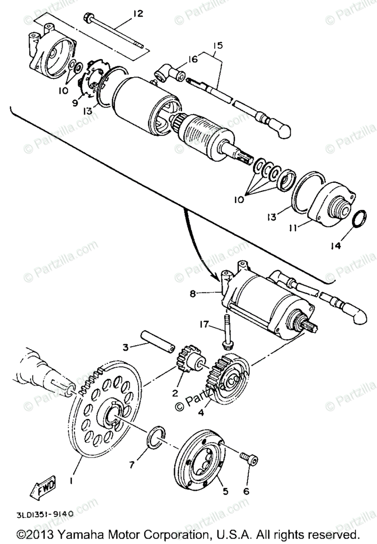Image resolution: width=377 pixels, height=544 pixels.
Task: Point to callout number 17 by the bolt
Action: click(x=205, y=325)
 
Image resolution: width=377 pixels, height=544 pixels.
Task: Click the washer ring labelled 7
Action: click(x=154, y=434)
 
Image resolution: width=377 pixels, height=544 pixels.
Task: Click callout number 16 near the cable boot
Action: click(x=193, y=59)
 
